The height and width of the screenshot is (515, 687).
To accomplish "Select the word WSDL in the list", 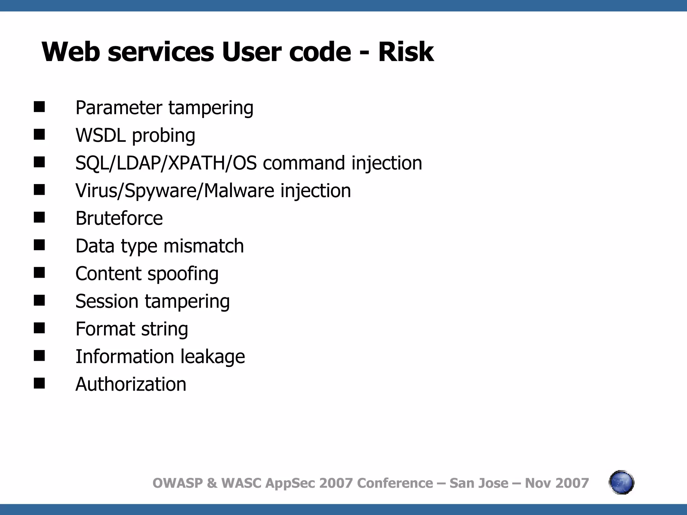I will pyautogui.click(x=101, y=135).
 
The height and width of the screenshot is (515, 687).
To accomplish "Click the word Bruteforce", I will pyautogui.click(x=119, y=218).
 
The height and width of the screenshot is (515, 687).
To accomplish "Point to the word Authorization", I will pyautogui.click(x=131, y=384).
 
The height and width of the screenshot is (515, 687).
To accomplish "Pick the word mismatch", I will pyautogui.click(x=204, y=246).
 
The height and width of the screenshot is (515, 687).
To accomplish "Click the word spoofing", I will pyautogui.click(x=183, y=274).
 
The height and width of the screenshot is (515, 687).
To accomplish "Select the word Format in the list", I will pyautogui.click(x=104, y=329).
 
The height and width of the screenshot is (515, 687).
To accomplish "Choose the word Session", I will pyautogui.click(x=107, y=301).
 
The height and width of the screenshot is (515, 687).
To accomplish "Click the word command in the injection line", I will pyautogui.click(x=304, y=163).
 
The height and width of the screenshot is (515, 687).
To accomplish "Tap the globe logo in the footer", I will pyautogui.click(x=621, y=482).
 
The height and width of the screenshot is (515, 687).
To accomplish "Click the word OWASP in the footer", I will pyautogui.click(x=178, y=483).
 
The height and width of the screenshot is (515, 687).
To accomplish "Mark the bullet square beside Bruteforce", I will pyautogui.click(x=39, y=218).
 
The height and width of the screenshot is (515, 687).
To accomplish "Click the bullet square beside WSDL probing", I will pyautogui.click(x=39, y=135).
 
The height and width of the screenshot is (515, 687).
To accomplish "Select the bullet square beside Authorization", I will pyautogui.click(x=39, y=383).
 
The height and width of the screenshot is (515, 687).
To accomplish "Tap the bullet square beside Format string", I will pyautogui.click(x=39, y=328).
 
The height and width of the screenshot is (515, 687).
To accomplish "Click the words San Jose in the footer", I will pyautogui.click(x=479, y=483).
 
